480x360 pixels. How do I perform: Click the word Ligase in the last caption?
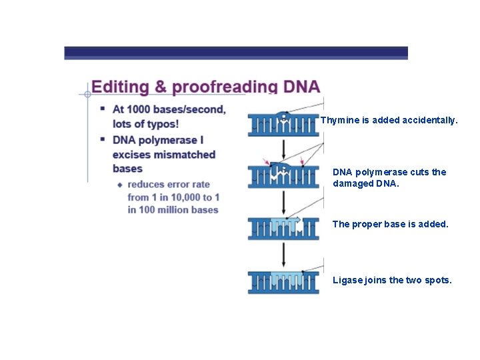tap(347, 280)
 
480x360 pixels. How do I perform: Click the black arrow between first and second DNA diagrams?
tap(283, 147)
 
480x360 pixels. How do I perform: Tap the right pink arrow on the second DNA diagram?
tap(302, 162)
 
